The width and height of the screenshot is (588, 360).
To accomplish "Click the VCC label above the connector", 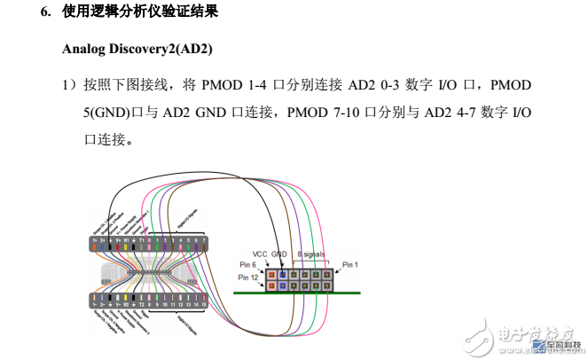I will [260, 254].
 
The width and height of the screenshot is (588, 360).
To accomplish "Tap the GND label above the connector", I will [280, 254].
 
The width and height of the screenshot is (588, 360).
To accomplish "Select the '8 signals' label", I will [311, 254].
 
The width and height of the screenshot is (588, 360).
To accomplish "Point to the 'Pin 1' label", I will [351, 264].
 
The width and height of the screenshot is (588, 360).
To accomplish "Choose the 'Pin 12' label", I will [247, 278].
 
